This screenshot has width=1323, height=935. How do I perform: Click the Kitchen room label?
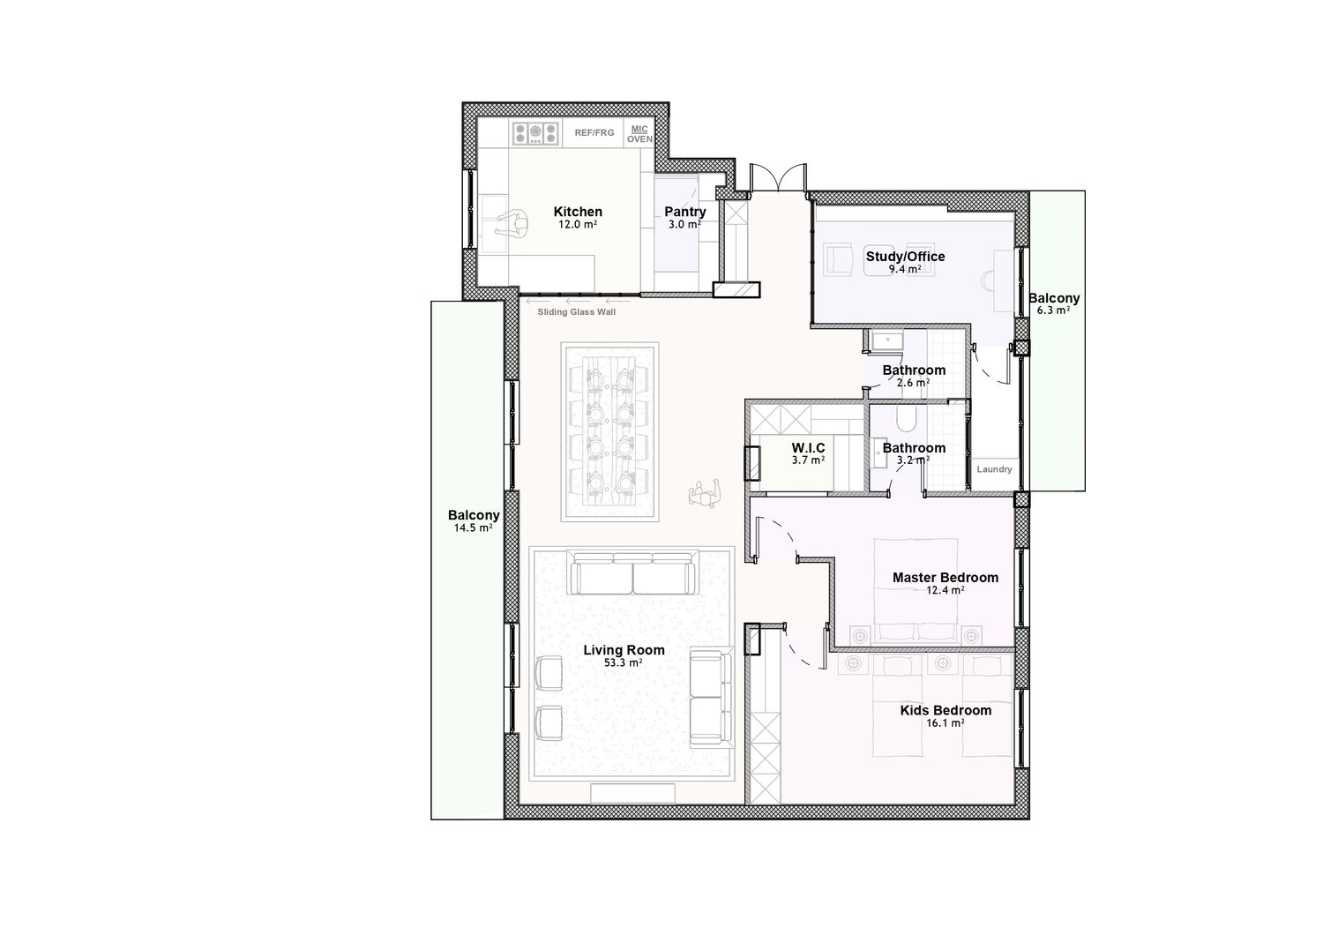(578, 212)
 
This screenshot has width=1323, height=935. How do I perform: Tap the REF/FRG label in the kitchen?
(594, 133)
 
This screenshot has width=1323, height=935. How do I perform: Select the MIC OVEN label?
(639, 134)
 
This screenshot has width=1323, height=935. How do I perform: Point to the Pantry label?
(685, 212)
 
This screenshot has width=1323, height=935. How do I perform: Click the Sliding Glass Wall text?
(577, 312)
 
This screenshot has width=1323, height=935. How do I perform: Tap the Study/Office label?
(906, 257)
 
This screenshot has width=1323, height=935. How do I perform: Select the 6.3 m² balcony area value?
(1054, 310)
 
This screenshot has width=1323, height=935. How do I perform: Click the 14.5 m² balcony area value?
(473, 528)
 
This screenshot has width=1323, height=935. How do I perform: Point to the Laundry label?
(994, 469)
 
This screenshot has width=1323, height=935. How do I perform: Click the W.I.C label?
(808, 448)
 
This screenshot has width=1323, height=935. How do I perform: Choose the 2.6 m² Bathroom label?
(914, 370)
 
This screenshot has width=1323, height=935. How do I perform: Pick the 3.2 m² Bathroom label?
(914, 448)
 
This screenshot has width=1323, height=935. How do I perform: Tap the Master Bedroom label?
(945, 577)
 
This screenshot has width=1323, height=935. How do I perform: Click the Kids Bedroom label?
(946, 710)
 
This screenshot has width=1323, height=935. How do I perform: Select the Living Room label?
(624, 650)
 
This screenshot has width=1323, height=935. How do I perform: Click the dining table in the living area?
(609, 431)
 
